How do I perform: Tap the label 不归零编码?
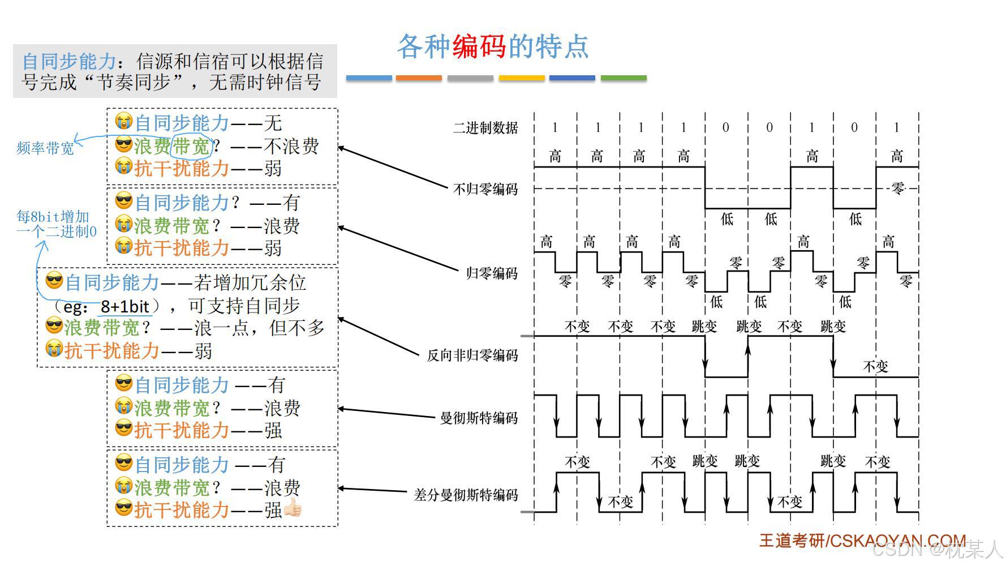(485, 189)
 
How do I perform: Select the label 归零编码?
(492, 273)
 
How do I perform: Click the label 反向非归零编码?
(472, 355)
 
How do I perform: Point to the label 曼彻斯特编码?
(479, 418)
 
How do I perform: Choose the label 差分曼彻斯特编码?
(466, 495)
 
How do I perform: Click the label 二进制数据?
(485, 128)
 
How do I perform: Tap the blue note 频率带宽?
(45, 148)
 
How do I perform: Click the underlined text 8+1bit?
(124, 307)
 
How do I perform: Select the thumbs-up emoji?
(293, 508)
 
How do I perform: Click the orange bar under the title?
(419, 78)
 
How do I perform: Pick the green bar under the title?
(623, 78)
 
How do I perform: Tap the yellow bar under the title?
(521, 78)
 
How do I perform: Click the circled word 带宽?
(191, 147)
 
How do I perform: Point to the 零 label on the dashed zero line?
(898, 188)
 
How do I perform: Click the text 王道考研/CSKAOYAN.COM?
(862, 541)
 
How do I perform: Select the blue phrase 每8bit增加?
(53, 217)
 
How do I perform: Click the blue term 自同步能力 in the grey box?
(69, 61)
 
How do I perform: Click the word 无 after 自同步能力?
(273, 123)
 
